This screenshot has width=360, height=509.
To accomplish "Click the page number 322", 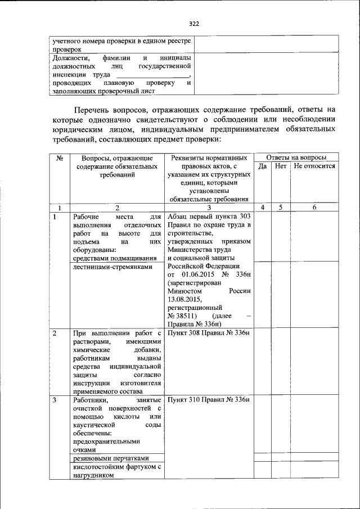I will (x=194, y=24).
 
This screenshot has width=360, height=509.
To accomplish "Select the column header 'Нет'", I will (x=280, y=166).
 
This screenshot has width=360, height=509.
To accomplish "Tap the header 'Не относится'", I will (x=314, y=166).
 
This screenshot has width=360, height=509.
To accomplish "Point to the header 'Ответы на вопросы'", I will (x=296, y=157).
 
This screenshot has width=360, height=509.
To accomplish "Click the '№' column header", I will (x=59, y=158).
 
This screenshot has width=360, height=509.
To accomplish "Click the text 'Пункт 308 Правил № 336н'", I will (x=208, y=334).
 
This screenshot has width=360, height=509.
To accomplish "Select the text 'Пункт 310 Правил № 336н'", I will (x=208, y=400).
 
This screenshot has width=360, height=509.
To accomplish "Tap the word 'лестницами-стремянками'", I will (x=113, y=267).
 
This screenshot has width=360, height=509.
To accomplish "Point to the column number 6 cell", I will (x=314, y=208).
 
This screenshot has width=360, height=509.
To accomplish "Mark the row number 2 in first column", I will (x=55, y=334).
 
